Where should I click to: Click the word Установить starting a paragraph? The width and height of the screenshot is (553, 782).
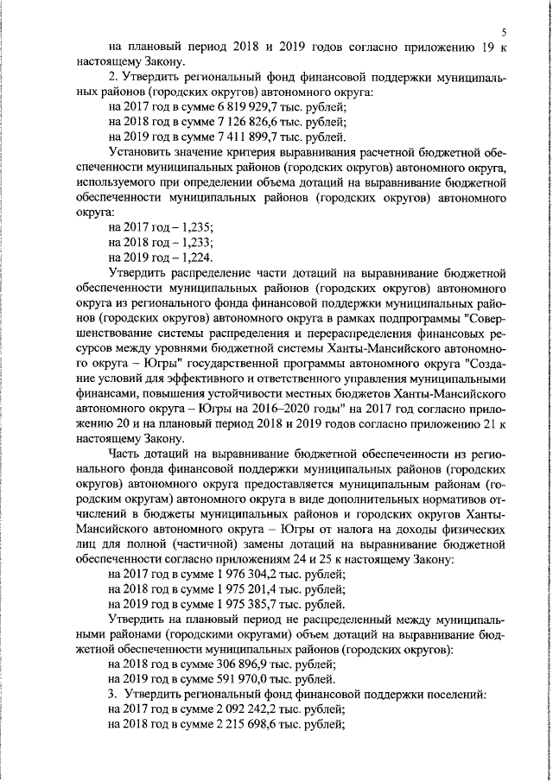pyautogui.click(x=141, y=154)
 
